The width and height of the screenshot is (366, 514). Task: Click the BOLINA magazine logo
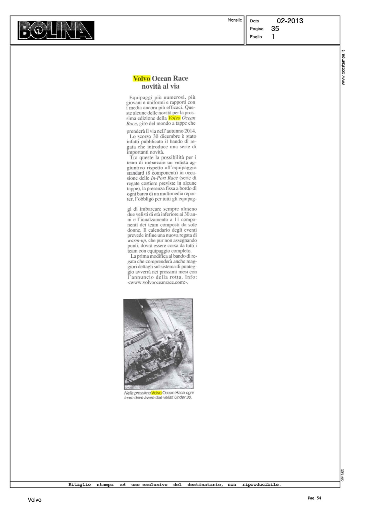click(56, 30)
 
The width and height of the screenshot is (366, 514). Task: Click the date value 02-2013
click(290, 21)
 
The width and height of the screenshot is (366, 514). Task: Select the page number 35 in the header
click(275, 29)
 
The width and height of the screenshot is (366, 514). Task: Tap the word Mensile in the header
click(235, 20)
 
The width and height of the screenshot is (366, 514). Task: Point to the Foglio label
click(256, 37)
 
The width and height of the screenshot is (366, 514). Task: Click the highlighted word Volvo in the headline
click(141, 78)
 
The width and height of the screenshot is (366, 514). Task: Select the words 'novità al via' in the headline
click(160, 86)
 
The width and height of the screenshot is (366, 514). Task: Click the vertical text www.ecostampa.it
click(343, 68)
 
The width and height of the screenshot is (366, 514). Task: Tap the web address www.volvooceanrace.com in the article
click(157, 282)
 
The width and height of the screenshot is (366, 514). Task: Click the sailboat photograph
click(158, 343)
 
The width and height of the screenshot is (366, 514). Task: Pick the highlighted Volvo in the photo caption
click(156, 393)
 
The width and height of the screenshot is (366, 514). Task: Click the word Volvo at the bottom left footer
click(35, 500)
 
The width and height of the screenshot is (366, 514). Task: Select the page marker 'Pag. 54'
click(314, 498)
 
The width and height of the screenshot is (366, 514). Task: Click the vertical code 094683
click(343, 476)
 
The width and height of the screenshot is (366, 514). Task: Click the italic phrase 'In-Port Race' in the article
click(164, 178)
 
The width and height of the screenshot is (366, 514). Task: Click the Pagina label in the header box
click(256, 29)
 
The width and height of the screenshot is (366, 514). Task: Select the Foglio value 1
click(273, 37)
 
